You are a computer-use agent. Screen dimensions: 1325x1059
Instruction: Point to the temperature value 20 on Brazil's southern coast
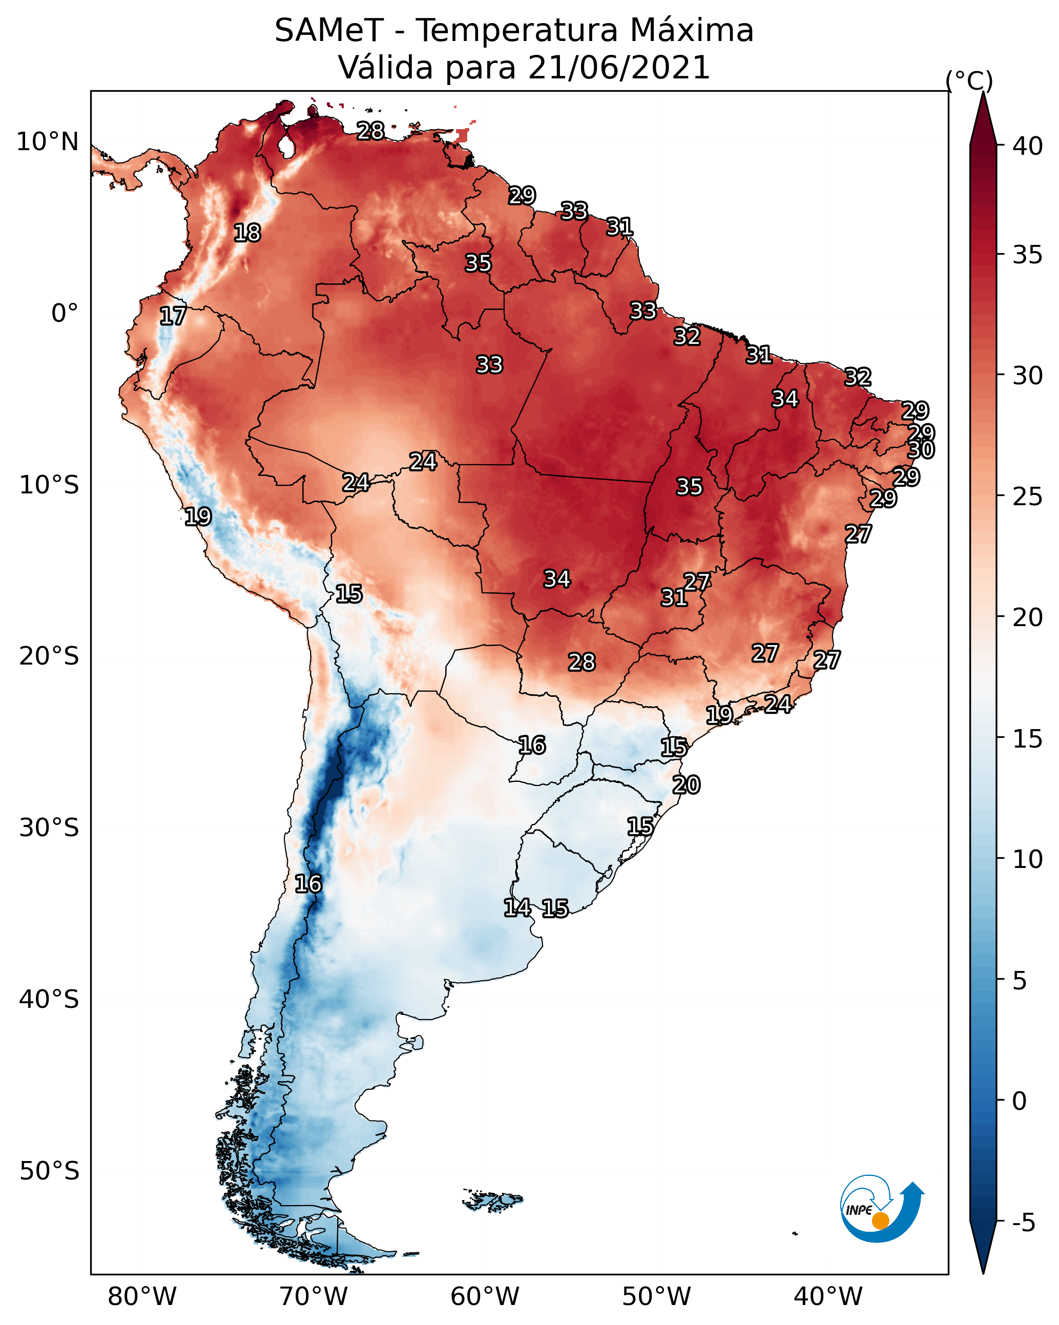(x=686, y=785)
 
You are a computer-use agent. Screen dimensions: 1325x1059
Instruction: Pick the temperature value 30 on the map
(x=921, y=450)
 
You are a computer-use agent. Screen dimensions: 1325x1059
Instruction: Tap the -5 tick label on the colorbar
(x=1023, y=1223)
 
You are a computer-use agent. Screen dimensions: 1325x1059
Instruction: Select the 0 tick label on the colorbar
(x=1019, y=1101)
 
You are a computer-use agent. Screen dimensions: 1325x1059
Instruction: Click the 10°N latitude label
(x=48, y=142)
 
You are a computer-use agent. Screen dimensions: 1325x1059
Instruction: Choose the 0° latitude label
(x=65, y=314)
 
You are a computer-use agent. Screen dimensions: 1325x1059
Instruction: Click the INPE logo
(x=881, y=1209)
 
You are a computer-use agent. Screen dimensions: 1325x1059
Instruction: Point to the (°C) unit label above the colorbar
(x=969, y=80)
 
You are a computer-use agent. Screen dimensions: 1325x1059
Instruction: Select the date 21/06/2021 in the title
(x=618, y=68)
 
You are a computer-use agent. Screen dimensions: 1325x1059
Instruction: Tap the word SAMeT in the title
(x=329, y=31)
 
